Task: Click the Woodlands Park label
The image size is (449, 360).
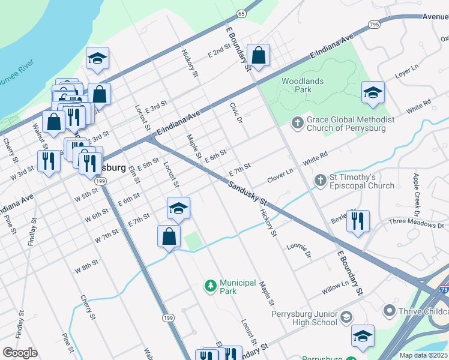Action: tap(303, 85)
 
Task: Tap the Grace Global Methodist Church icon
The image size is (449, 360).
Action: tap(297, 123)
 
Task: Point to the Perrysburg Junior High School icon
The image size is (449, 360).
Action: tap(346, 317)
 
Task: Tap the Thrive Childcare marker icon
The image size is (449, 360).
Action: tap(390, 311)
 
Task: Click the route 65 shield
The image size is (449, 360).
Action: tap(241, 13)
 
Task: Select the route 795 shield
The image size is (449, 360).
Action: tap(374, 25)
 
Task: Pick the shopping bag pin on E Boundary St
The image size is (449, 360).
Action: tap(258, 56)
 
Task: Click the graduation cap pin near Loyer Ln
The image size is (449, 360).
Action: tap(373, 92)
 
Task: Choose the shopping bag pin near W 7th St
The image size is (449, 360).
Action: tap(169, 236)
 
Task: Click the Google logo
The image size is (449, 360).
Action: tap(20, 353)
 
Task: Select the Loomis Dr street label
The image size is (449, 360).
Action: tap(299, 250)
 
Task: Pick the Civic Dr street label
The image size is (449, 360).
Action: tap(235, 112)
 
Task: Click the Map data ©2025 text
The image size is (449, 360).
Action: tap(423, 355)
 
